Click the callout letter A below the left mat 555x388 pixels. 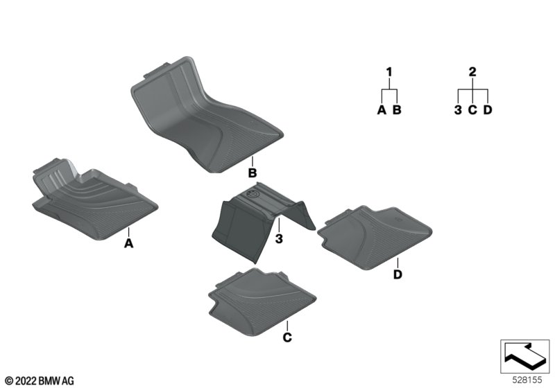pyautogui.click(x=129, y=243)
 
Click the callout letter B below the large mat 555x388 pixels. pyautogui.click(x=253, y=173)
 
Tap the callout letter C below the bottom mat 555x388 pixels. pyautogui.click(x=287, y=337)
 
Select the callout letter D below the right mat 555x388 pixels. pyautogui.click(x=398, y=274)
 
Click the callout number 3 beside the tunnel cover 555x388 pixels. pyautogui.click(x=279, y=238)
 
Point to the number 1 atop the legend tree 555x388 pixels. pyautogui.click(x=389, y=72)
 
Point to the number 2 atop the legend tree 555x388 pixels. pyautogui.click(x=472, y=72)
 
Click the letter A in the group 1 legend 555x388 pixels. pyautogui.click(x=382, y=109)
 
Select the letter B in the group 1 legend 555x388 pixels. pyautogui.click(x=397, y=109)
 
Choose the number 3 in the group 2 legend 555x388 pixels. pyautogui.click(x=458, y=109)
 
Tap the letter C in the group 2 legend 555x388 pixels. pyautogui.click(x=472, y=109)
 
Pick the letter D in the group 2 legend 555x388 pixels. pyautogui.click(x=488, y=109)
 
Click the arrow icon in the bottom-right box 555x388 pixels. pyautogui.click(x=525, y=356)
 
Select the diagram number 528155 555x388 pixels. pyautogui.click(x=527, y=380)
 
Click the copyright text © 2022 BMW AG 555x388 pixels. pyautogui.click(x=40, y=381)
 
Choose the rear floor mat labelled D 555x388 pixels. pyautogui.click(x=375, y=238)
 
